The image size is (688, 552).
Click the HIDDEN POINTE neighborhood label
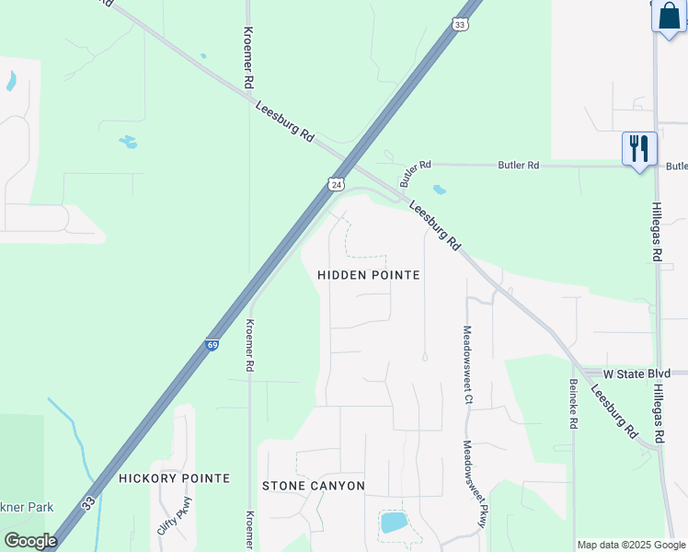pos(368,275)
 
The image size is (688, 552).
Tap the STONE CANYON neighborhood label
pos(314,486)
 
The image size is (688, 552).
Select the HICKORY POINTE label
pos(174,478)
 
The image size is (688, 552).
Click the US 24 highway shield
pos(337,184)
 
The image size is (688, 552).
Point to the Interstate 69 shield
pos(212,345)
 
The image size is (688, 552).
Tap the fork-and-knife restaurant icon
pos(639,148)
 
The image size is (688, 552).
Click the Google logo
pos(30,540)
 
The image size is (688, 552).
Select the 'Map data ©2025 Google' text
pos(631,545)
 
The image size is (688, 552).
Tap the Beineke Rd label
pos(573,405)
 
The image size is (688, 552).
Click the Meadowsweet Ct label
pos(467,366)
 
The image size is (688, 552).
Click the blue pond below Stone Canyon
pos(394,523)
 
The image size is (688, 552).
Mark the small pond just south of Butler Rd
pos(440,190)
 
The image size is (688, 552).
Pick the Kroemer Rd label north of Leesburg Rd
pos(247,57)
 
